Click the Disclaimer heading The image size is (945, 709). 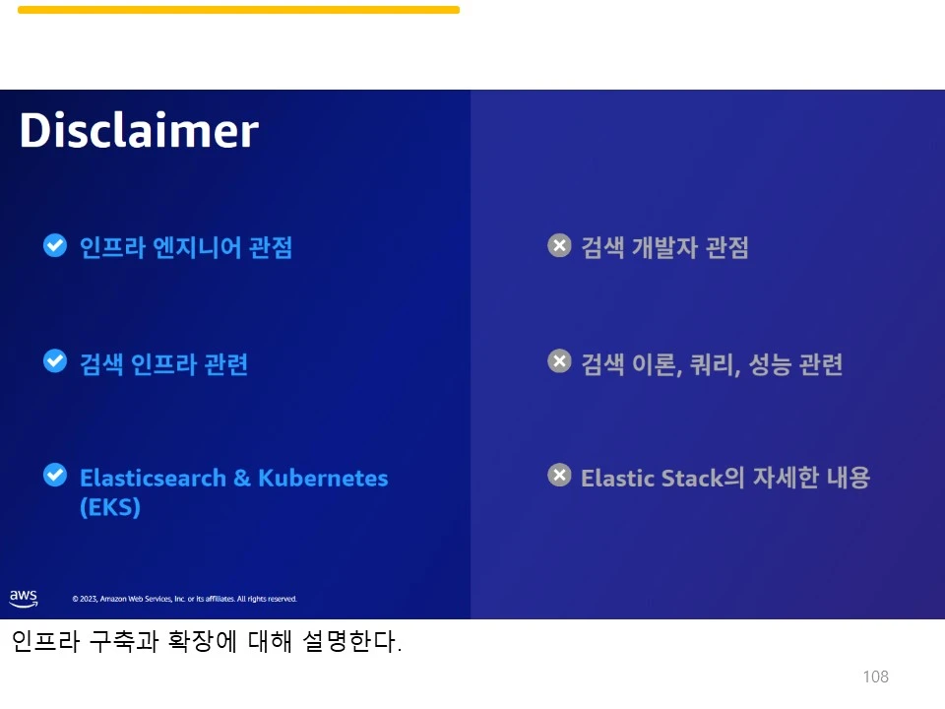pyautogui.click(x=139, y=131)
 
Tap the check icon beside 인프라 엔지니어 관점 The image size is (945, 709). pyautogui.click(x=55, y=245)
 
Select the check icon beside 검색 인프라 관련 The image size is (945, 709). pyautogui.click(x=55, y=361)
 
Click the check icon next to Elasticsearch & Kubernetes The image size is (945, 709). pyautogui.click(x=55, y=476)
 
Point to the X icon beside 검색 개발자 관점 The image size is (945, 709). pyautogui.click(x=559, y=245)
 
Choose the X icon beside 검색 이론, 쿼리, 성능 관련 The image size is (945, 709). pyautogui.click(x=559, y=361)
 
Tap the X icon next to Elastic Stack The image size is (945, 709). pyautogui.click(x=559, y=476)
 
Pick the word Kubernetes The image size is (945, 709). pyautogui.click(x=323, y=479)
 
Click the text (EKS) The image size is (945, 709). pyautogui.click(x=110, y=508)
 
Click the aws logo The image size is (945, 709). pyautogui.click(x=24, y=597)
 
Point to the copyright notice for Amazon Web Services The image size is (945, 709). pyautogui.click(x=184, y=599)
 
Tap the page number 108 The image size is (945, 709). pyautogui.click(x=875, y=677)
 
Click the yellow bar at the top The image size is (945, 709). pyautogui.click(x=238, y=10)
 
